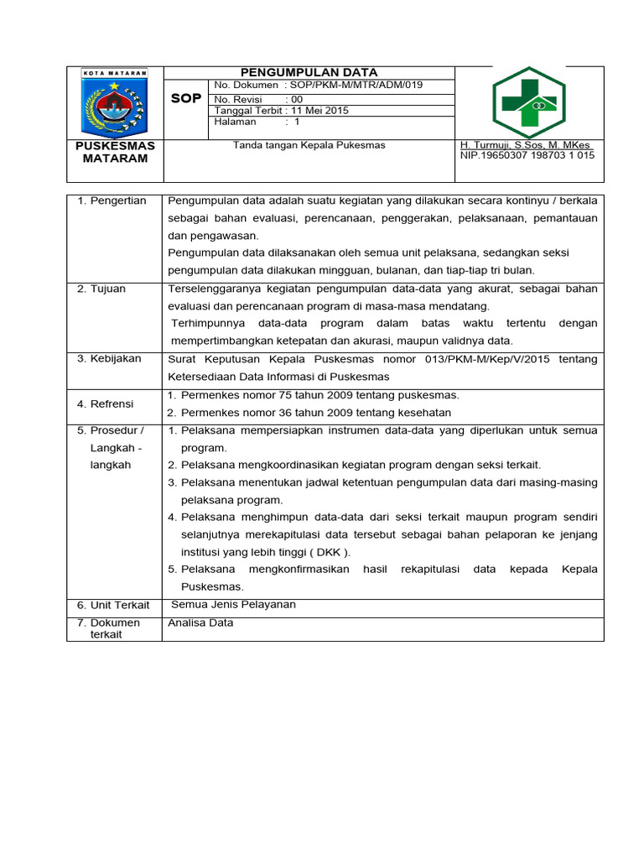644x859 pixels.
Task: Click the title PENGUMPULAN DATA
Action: pyautogui.click(x=309, y=73)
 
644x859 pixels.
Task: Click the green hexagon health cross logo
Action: pyautogui.click(x=528, y=103)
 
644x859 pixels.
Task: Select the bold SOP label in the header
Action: pyautogui.click(x=185, y=98)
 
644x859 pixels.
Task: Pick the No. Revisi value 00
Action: pyautogui.click(x=297, y=99)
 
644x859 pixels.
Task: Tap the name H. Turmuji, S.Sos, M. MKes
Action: pyautogui.click(x=526, y=145)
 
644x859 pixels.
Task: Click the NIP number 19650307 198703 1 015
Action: pyautogui.click(x=527, y=155)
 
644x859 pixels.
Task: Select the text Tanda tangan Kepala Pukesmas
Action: pyautogui.click(x=309, y=145)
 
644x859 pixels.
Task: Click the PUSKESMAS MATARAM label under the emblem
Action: pyautogui.click(x=115, y=152)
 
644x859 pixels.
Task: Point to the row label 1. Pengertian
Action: pyautogui.click(x=112, y=200)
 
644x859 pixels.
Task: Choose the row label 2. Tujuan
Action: pyautogui.click(x=101, y=289)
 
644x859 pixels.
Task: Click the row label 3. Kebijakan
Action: pyautogui.click(x=109, y=359)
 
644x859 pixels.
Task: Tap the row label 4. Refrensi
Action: pyautogui.click(x=106, y=403)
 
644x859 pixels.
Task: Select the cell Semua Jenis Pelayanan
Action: pyautogui.click(x=233, y=605)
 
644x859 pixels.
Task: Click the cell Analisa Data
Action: pyautogui.click(x=200, y=623)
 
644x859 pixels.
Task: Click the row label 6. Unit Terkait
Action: pyautogui.click(x=113, y=605)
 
